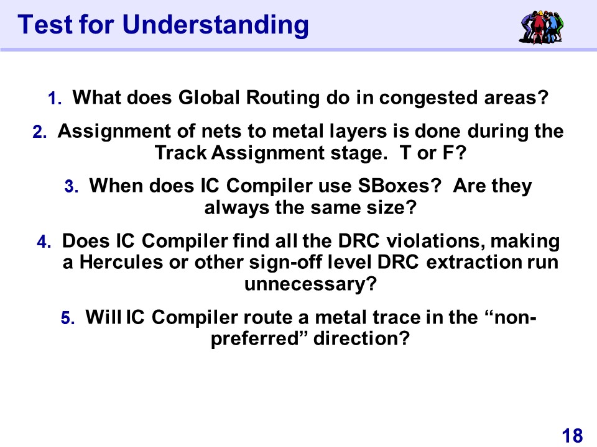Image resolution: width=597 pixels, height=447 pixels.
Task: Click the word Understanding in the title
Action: pos(216,25)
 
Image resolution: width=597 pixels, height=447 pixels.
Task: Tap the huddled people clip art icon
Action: pos(541,27)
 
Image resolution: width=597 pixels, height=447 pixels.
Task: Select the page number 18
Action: pos(572,435)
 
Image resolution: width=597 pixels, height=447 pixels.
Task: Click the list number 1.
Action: pos(55,99)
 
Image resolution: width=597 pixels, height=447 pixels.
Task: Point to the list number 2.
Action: pos(40,132)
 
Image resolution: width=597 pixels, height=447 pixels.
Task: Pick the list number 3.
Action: pos(72,187)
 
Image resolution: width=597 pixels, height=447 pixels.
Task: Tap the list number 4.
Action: pos(44,242)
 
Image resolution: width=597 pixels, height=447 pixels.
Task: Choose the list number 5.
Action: pos(68,318)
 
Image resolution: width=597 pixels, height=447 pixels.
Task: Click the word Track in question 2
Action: pos(180,153)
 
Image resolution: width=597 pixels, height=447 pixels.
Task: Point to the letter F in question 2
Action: pos(448,153)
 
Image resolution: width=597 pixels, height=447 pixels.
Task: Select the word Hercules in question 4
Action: pos(121,262)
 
